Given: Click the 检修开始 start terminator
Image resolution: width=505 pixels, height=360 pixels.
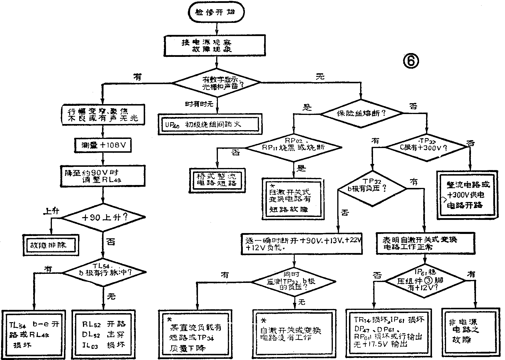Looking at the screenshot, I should pyautogui.click(x=216, y=12).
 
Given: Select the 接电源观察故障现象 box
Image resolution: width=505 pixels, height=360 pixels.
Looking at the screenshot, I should pyautogui.click(x=216, y=46).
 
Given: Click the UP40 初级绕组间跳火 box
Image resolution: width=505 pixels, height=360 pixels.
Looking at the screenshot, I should pyautogui.click(x=210, y=124).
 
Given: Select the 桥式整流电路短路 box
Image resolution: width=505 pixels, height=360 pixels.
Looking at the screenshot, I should pyautogui.click(x=217, y=180).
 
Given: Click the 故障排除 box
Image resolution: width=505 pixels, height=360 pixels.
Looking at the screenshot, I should pyautogui.click(x=51, y=244).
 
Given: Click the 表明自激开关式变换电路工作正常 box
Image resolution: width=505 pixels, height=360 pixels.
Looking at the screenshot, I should pyautogui.click(x=425, y=243).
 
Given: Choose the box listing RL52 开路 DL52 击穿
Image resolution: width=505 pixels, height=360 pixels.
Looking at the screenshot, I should pyautogui.click(x=104, y=334).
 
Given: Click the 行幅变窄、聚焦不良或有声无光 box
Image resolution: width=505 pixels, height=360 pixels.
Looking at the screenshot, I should pyautogui.click(x=103, y=115).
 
